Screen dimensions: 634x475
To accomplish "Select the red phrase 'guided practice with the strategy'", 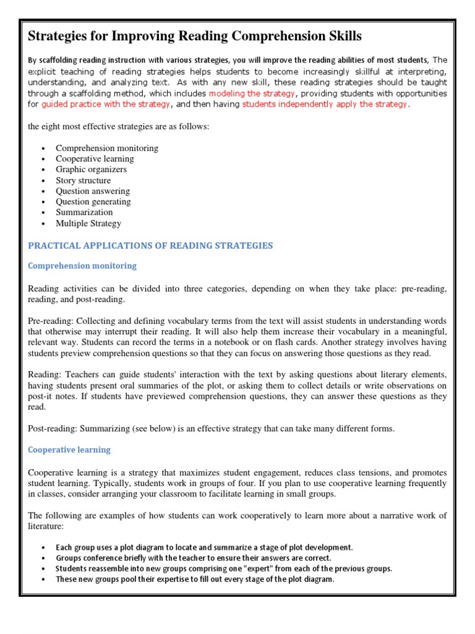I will coord(106,104).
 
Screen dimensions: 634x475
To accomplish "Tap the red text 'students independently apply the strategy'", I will coord(325,104).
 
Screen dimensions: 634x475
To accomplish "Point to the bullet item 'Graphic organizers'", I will coord(91,169).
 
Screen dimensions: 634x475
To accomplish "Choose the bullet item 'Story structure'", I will coord(83,180).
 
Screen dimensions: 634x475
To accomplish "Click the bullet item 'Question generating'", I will coord(93,201).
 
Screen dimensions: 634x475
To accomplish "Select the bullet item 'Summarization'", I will coord(84,212).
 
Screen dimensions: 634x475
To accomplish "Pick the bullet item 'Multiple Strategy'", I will coord(88,224).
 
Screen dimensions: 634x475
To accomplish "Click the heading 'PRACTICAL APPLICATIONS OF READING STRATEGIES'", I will coord(150,245).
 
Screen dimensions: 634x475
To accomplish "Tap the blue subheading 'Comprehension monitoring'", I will coord(82,266).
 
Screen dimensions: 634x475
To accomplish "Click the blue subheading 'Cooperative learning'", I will coord(69,449).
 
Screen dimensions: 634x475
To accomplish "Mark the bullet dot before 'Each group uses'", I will coord(43,548).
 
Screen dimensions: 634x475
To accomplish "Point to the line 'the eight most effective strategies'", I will coord(119,126).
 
